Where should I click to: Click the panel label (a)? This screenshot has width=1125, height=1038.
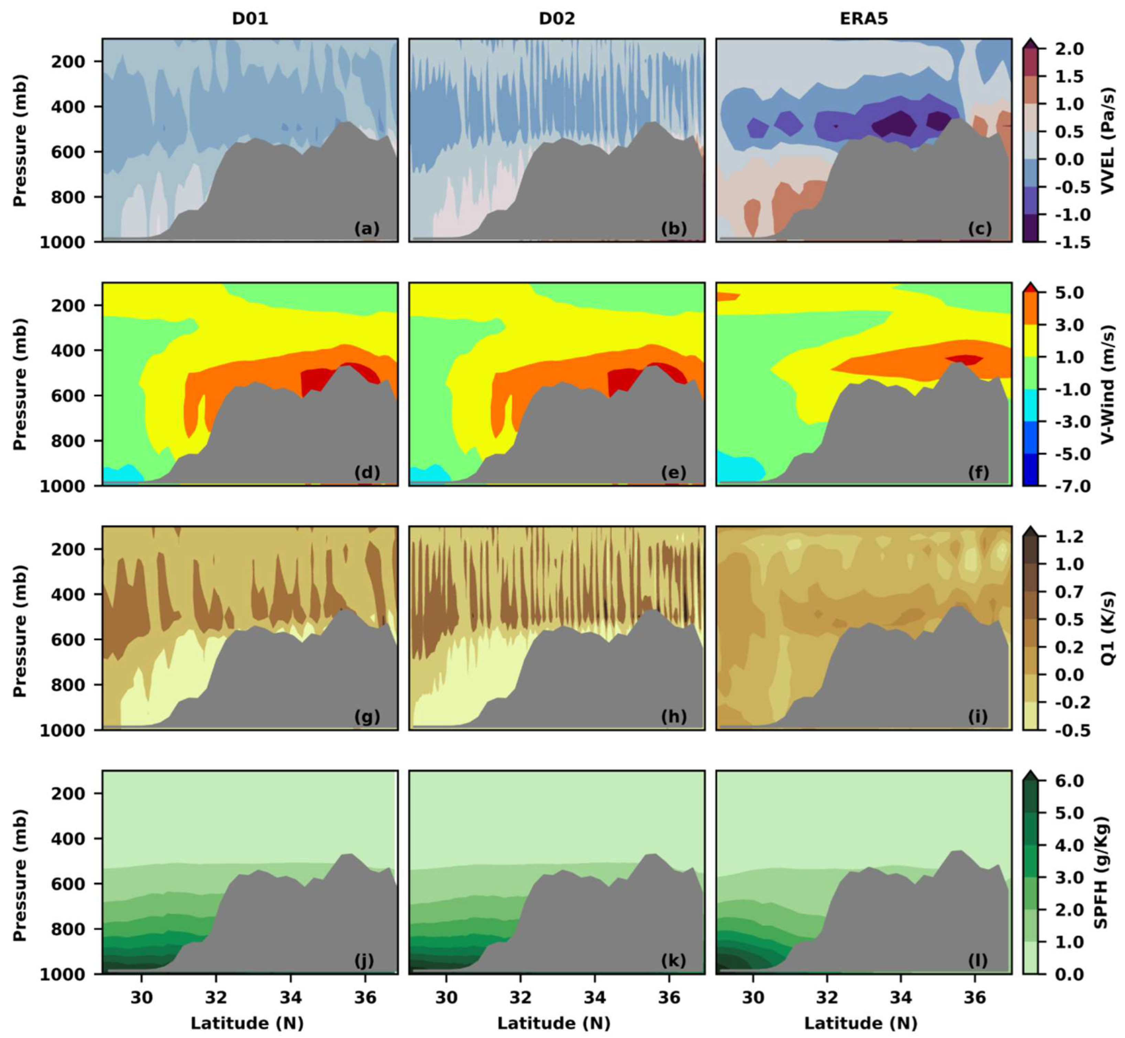pos(367,229)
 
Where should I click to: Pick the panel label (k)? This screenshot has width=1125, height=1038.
pos(673,961)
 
